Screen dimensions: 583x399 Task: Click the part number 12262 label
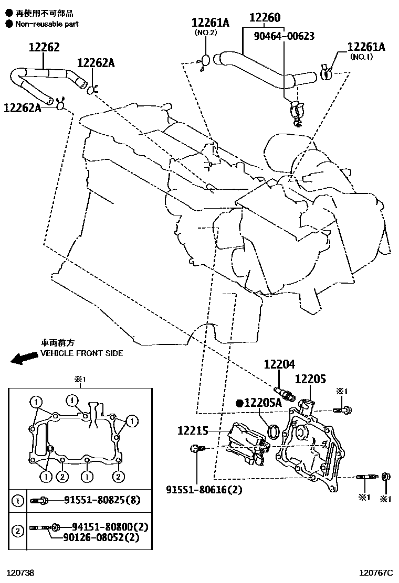(44, 48)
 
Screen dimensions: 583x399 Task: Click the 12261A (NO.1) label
(366, 48)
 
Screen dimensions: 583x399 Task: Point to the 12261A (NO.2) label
(210, 23)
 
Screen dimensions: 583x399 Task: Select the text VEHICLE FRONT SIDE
(82, 353)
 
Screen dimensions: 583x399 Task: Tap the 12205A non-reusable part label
(262, 403)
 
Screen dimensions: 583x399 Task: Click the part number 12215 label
(193, 430)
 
